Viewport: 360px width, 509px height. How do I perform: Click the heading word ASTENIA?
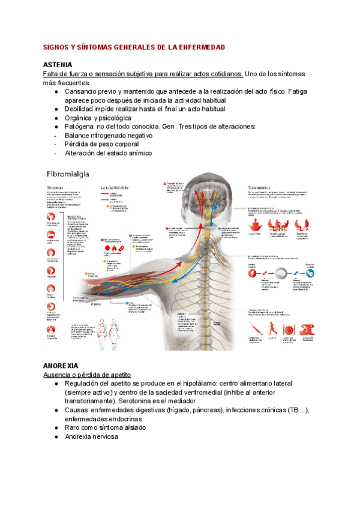point(58,64)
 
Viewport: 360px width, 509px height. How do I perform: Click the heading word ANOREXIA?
point(62,365)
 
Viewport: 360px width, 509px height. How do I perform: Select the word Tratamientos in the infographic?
point(262,187)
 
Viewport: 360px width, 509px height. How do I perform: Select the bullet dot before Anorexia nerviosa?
point(56,436)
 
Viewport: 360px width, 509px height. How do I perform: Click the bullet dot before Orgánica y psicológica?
point(56,118)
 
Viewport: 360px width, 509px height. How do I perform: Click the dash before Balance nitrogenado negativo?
point(56,136)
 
